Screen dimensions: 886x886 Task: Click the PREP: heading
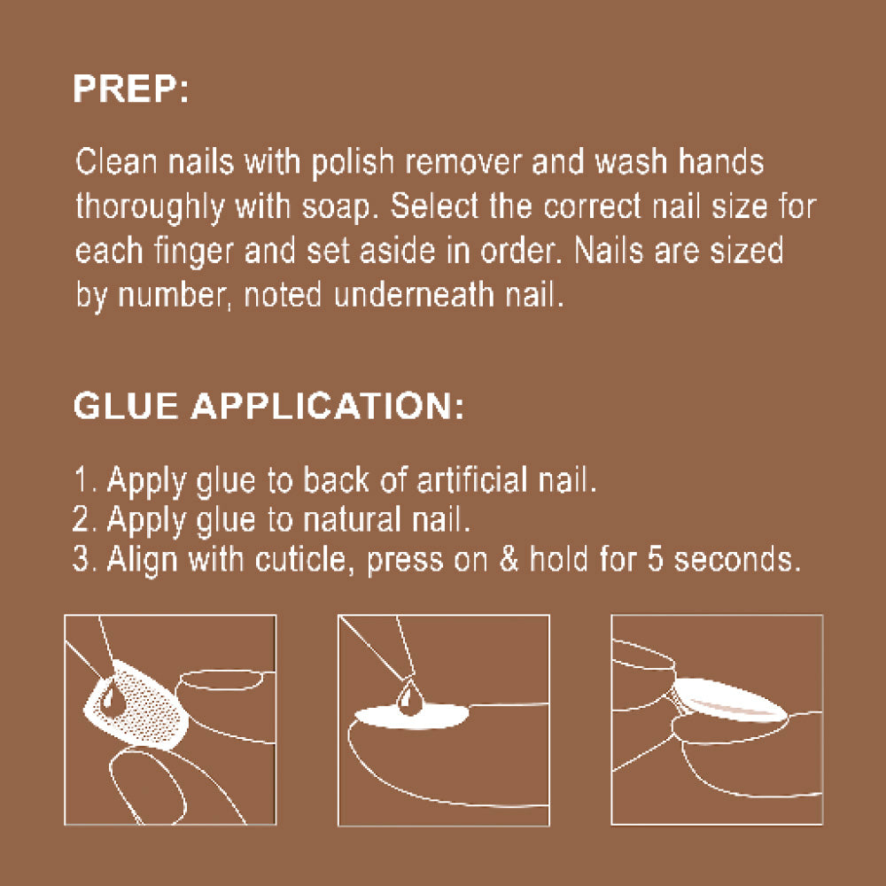point(130,89)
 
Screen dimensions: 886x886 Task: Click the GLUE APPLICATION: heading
point(268,406)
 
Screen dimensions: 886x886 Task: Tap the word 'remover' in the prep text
point(464,162)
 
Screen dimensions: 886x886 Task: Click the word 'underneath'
point(414,294)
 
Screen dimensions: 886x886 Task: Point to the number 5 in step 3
point(655,560)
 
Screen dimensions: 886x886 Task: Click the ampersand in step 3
point(509,560)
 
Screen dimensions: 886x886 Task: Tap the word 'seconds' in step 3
point(737,560)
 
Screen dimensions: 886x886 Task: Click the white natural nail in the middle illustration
point(411,716)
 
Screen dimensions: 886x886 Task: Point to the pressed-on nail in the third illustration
point(729,700)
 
